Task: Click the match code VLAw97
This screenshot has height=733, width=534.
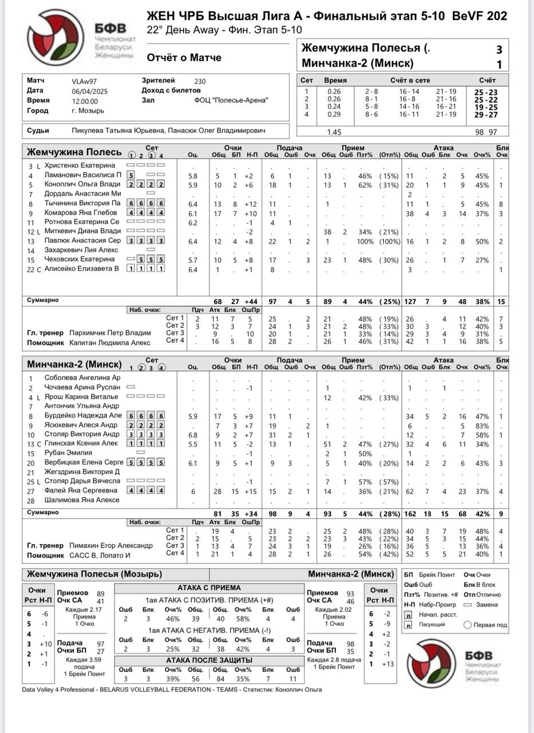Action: (x=84, y=81)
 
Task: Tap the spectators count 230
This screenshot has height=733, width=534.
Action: (x=200, y=81)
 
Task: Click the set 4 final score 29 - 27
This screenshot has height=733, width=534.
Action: (x=485, y=115)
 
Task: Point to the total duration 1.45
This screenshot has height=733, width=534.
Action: (x=334, y=132)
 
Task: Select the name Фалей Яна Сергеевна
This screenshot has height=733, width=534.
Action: (x=81, y=491)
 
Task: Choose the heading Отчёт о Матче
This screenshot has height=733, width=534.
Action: (x=184, y=57)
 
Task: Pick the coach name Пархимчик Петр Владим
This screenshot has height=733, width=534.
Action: (x=110, y=333)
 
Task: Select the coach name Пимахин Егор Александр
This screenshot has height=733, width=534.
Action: (x=111, y=546)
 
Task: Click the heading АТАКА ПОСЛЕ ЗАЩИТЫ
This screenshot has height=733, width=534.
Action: (x=209, y=660)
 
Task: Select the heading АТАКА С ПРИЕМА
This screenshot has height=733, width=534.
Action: (x=209, y=588)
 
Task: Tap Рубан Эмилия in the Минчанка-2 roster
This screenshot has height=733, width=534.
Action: (x=67, y=453)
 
